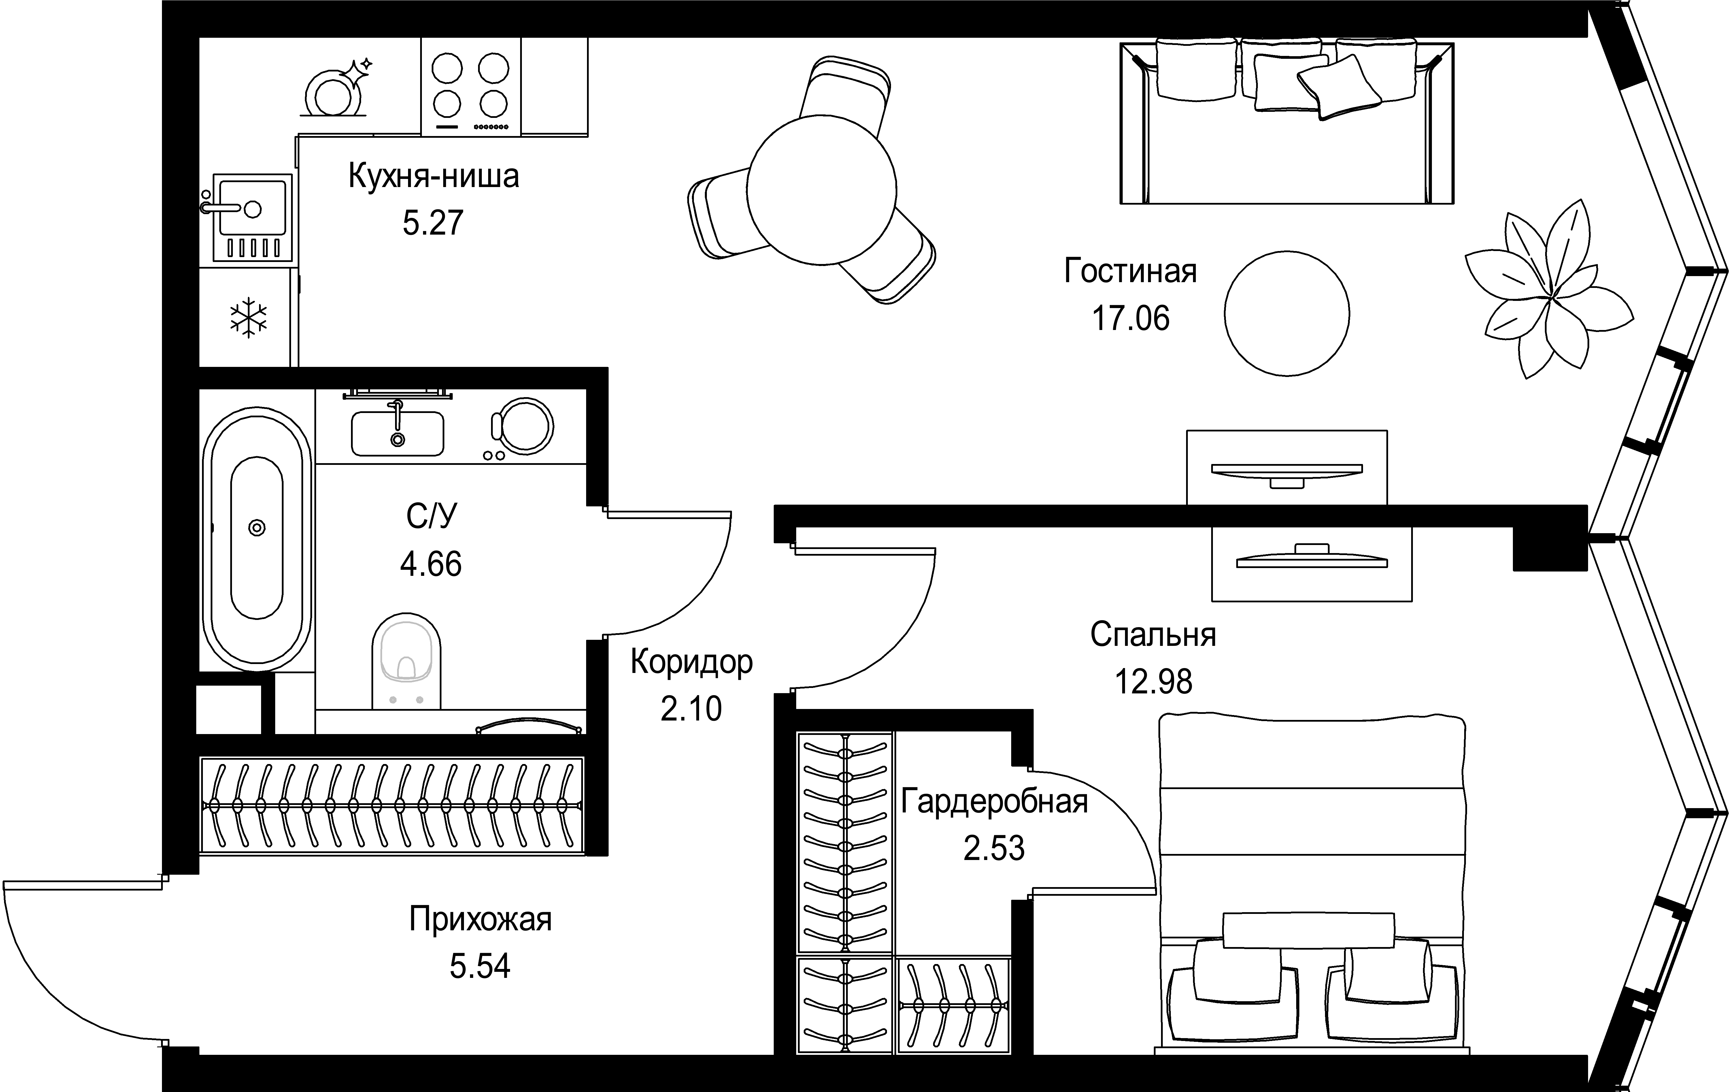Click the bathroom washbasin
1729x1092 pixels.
pos(397,433)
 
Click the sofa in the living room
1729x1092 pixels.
pos(1287,122)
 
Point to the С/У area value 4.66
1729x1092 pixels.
pos(431,564)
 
